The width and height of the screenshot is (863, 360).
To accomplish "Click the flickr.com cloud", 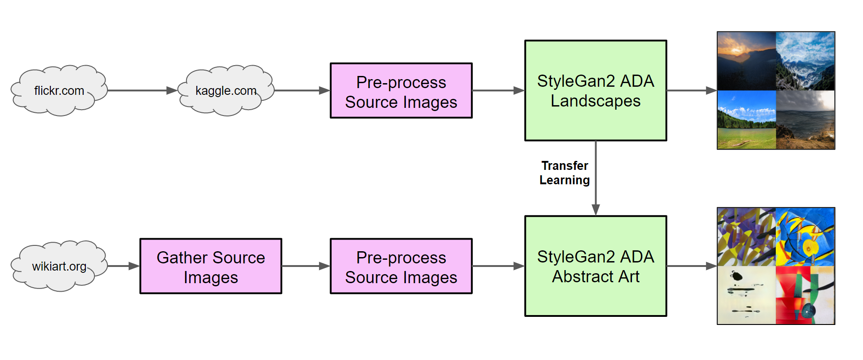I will tap(59, 90).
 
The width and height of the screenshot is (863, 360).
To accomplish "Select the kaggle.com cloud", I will tap(226, 90).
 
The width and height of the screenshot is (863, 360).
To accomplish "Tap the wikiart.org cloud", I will tap(59, 266).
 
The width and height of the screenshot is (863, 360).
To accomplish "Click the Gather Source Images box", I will tap(210, 266).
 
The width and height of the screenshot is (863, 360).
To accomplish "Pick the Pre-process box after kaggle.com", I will tap(401, 90).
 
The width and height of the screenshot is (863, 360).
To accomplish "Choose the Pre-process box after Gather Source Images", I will tap(401, 266).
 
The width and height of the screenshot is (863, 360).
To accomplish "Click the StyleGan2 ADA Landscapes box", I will tap(596, 90).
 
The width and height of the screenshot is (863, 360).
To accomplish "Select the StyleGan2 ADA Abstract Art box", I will tap(596, 266).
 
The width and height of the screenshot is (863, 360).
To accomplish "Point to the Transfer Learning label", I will tap(565, 173).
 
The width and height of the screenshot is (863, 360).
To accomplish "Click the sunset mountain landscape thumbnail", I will tap(747, 61).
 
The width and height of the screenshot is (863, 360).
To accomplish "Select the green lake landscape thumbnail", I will tap(747, 120).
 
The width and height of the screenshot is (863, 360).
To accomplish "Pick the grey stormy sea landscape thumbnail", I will tap(805, 120).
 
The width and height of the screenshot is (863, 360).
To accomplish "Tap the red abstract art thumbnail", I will tap(805, 295).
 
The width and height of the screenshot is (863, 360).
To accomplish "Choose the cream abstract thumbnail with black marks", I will tap(747, 295).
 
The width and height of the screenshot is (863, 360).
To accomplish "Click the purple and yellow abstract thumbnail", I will tap(747, 237).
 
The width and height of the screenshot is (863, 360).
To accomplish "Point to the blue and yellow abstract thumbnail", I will tap(805, 237).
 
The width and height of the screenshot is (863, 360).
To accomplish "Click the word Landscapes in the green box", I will tap(596, 101).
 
